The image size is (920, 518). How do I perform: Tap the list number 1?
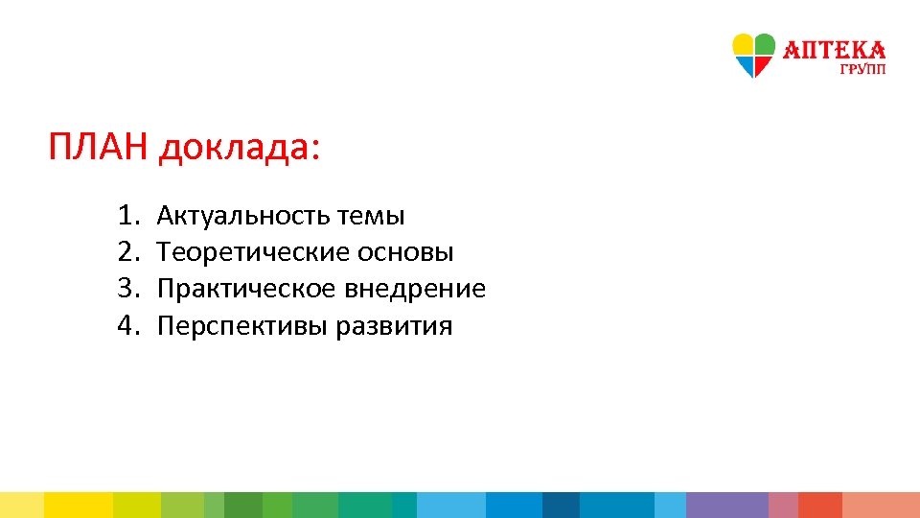click(x=127, y=215)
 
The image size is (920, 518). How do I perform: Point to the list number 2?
click(x=127, y=252)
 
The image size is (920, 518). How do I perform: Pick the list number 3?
click(x=127, y=289)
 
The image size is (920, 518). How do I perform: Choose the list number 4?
click(x=127, y=326)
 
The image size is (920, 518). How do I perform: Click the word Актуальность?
click(x=242, y=215)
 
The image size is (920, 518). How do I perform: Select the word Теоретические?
click(x=253, y=252)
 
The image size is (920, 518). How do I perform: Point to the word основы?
click(x=405, y=252)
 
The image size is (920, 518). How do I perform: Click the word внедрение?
click(x=417, y=289)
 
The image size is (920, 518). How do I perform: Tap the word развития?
click(x=395, y=326)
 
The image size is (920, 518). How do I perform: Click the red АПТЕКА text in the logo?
click(x=835, y=50)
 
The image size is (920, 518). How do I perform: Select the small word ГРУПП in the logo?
click(x=863, y=69)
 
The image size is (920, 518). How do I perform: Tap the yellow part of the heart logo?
click(x=743, y=45)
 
